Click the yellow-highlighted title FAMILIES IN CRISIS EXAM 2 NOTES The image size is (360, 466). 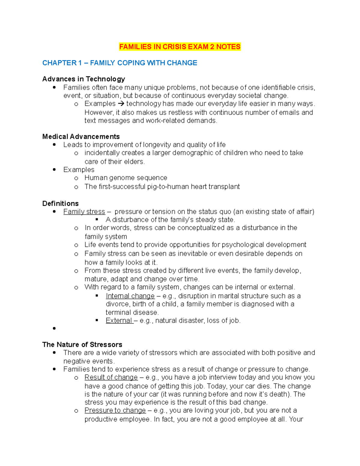180,47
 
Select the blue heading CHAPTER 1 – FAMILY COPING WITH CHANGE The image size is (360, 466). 120,63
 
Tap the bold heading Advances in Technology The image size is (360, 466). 84,79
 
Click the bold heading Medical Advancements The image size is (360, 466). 81,137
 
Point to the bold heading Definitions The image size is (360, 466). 60,203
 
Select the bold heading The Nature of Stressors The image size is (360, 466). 82,344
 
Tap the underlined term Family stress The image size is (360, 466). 84,212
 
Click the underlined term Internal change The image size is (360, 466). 130,296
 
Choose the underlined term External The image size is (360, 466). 119,320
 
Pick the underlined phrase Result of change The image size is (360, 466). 111,377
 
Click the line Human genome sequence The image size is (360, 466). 126,178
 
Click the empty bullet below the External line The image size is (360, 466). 54,329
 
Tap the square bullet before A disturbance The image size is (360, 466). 97,220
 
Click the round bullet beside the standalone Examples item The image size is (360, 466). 54,170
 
